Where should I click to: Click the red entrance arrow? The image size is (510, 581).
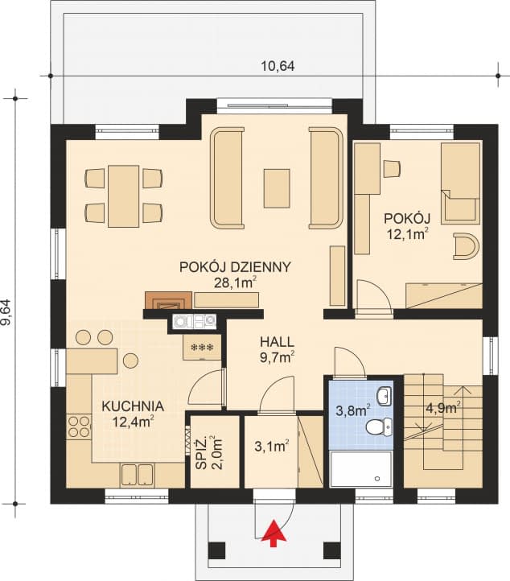(x=275, y=531)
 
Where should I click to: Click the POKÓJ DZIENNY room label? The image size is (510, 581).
(x=235, y=267)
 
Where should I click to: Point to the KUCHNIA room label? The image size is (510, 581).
(x=133, y=406)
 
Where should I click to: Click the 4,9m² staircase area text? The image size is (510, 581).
(x=442, y=407)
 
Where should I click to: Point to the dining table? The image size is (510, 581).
(x=125, y=195)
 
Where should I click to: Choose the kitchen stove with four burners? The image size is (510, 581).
(x=78, y=426)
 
